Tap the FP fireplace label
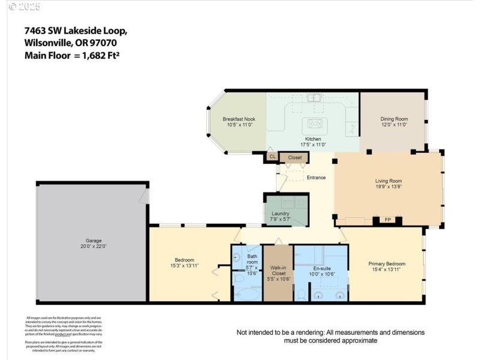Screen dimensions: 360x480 [388, 219]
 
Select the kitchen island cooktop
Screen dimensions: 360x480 [314, 124]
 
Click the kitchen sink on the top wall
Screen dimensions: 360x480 [314, 97]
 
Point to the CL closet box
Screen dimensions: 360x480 [272, 157]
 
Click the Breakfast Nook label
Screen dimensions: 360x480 [239, 119]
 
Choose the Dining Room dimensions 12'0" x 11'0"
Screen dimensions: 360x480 [394, 125]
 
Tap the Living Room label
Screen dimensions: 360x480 [388, 181]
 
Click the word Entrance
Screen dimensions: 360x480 [316, 177]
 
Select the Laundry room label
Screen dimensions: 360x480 [281, 213]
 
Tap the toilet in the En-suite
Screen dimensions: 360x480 [302, 294]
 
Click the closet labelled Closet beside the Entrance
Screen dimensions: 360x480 [295, 157]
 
